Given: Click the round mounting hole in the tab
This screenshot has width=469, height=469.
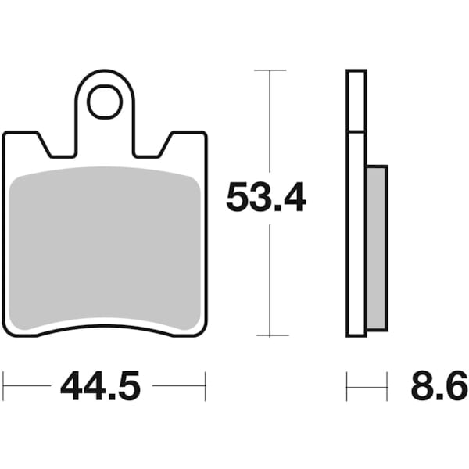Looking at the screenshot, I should pos(105,102).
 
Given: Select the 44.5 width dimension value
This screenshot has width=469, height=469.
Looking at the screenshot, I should pos(99,386).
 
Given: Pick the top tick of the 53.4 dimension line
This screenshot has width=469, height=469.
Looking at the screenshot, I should pos(270,70).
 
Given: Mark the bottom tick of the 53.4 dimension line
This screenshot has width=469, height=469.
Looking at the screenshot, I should pos(270,336).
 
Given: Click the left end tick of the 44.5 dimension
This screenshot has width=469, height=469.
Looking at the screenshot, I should pos(4,385).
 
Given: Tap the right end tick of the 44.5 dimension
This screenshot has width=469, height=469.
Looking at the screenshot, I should pos(206,385).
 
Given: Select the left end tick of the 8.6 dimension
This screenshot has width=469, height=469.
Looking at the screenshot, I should pos(347,385).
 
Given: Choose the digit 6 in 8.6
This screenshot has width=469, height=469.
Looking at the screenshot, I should pos(456,386).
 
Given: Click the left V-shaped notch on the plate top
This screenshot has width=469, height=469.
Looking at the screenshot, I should pos(57,146).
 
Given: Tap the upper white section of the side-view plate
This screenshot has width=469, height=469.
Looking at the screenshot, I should pos(356,101).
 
